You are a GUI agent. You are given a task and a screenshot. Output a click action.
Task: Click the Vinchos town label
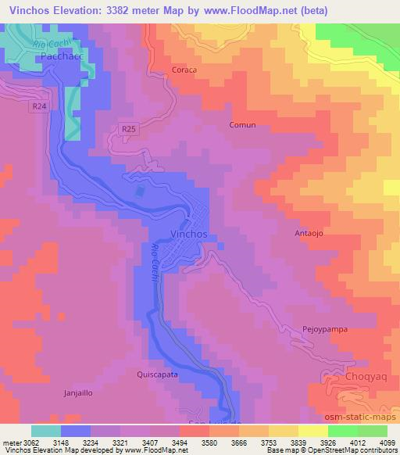coord(188,234)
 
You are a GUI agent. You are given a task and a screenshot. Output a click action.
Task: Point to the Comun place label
coord(242,125)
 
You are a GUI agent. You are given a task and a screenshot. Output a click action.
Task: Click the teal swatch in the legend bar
coord(46,431)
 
